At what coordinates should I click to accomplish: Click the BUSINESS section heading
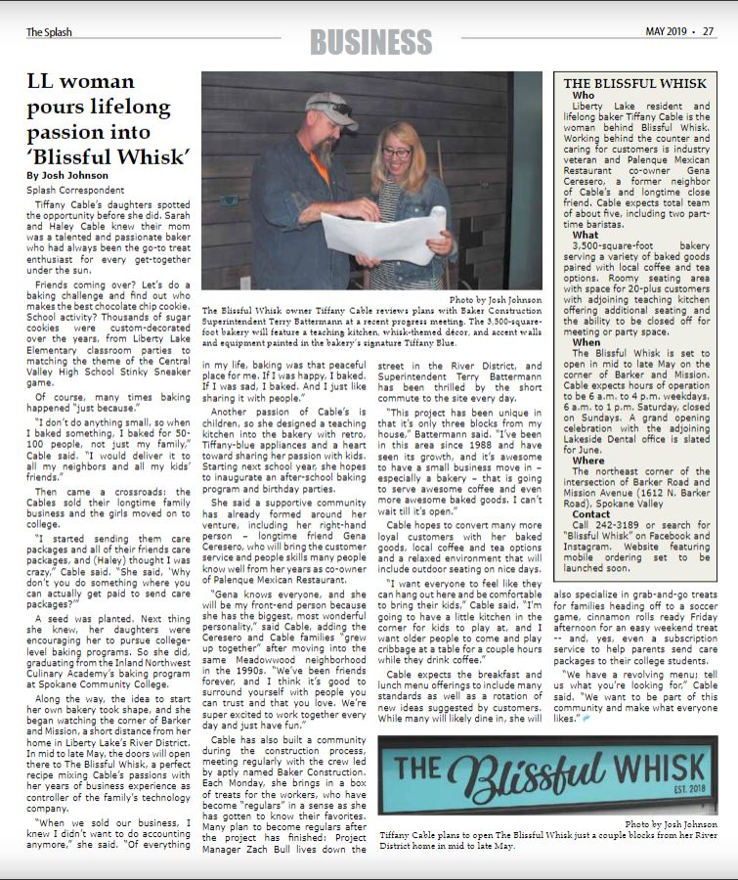(370, 42)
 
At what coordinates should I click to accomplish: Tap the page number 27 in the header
(708, 31)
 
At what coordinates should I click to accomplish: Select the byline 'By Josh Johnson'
(67, 175)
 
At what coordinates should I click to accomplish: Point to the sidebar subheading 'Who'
(583, 96)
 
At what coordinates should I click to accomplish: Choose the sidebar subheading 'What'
(585, 235)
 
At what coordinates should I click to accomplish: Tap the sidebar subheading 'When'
(586, 342)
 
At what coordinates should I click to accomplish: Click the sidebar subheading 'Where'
(588, 460)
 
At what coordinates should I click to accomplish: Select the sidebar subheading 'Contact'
(590, 513)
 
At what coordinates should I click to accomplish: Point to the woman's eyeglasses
(397, 153)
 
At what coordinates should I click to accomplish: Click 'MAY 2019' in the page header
(668, 31)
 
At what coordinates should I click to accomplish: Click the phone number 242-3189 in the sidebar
(611, 525)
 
